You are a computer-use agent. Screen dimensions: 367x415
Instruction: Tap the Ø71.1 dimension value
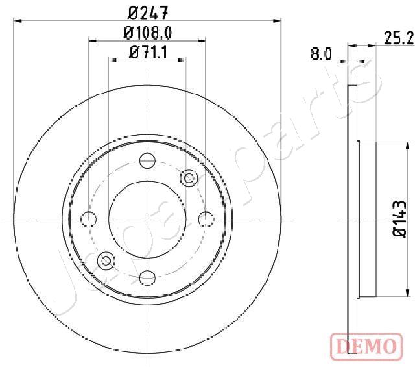point(148,53)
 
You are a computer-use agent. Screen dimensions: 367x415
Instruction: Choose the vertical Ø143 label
point(400,221)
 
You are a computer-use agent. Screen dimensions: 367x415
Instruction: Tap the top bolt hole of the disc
point(148,159)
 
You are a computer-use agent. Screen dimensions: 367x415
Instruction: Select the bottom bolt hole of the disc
point(148,278)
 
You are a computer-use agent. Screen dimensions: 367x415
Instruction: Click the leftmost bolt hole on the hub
point(88,219)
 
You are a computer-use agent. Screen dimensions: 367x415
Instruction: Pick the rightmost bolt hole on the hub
point(207,219)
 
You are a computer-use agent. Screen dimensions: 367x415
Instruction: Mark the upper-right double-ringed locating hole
point(189,176)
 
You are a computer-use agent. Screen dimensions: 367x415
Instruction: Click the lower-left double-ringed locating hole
point(106,261)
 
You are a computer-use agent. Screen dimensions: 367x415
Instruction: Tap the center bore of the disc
point(148,219)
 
